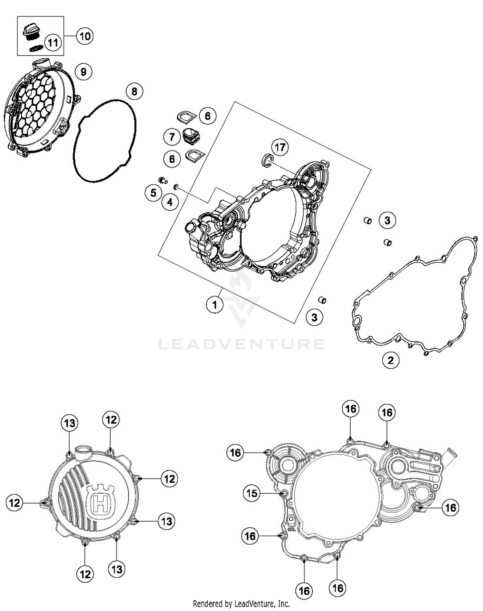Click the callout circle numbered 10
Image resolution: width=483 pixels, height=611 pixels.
pyautogui.click(x=85, y=36)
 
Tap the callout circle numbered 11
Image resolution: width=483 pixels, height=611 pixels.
pyautogui.click(x=53, y=42)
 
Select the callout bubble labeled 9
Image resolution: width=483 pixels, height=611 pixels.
pyautogui.click(x=83, y=72)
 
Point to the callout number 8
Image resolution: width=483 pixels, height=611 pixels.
pyautogui.click(x=134, y=92)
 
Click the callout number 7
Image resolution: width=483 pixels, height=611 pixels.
pyautogui.click(x=172, y=137)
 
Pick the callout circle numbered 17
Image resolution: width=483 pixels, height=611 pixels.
pyautogui.click(x=280, y=147)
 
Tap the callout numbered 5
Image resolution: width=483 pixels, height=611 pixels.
pyautogui.click(x=153, y=193)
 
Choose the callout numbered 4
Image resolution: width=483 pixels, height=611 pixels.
pyautogui.click(x=170, y=202)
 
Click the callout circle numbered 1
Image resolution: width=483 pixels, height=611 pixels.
pyautogui.click(x=214, y=304)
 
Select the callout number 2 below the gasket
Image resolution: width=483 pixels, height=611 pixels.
pyautogui.click(x=391, y=360)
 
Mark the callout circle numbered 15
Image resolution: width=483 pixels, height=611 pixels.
pyautogui.click(x=252, y=493)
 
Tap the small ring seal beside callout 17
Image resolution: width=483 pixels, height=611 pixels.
pyautogui.click(x=267, y=160)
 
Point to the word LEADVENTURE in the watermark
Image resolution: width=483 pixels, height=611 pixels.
pyautogui.click(x=241, y=344)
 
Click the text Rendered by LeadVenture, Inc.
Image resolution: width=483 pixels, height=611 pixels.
pyautogui.click(x=241, y=603)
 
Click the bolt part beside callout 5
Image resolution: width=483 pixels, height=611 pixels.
pyautogui.click(x=163, y=180)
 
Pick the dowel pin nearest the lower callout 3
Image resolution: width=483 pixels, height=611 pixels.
pyautogui.click(x=322, y=300)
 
